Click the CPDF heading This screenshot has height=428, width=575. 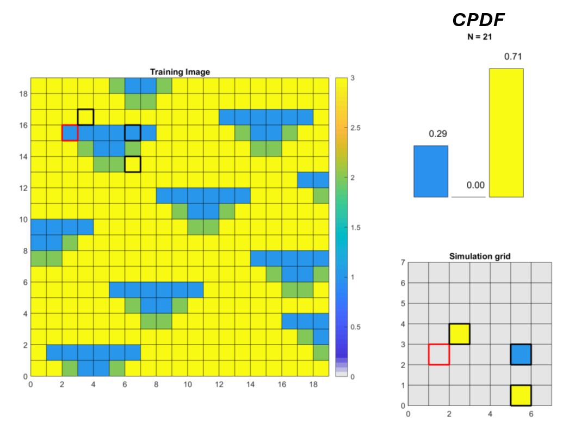pos(479,20)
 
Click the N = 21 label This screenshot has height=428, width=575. pos(479,38)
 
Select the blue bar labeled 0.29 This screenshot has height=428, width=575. pos(430,171)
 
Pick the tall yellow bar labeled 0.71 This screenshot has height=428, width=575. pos(506,132)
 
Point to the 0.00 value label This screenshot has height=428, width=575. pos(475,185)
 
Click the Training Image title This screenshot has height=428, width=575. pos(180,72)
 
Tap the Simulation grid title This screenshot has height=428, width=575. pos(479,256)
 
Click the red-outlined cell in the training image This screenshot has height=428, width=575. pos(70,133)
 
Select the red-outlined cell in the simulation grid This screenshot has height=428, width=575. pos(439,354)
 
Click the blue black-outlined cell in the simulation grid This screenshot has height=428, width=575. pos(521,354)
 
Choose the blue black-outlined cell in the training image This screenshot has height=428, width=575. pos(133,133)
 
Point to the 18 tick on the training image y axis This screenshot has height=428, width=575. pos(23,94)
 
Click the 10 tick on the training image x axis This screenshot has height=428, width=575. pos(188,384)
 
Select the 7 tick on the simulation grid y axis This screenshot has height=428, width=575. pos(403,263)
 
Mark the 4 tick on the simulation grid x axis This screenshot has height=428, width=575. pos(490,414)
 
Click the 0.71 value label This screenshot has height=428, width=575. pos(505,57)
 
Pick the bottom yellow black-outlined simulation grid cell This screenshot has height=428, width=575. pos(521,395)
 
